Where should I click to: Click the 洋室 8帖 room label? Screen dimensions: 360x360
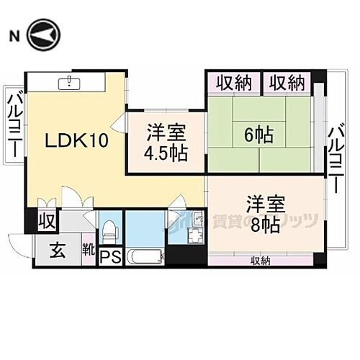[x=260, y=213]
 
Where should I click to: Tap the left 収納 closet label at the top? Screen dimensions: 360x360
[x=232, y=84]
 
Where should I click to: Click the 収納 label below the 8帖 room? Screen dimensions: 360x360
[x=260, y=260]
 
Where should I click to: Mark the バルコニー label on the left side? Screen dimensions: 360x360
[x=14, y=123]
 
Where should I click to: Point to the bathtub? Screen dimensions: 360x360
[x=145, y=257]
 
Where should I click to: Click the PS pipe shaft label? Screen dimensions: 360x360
[x=110, y=257]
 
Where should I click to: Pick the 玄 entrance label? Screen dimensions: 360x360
[x=58, y=252]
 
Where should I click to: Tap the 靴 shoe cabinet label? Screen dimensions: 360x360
[x=88, y=251]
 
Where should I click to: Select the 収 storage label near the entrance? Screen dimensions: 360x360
[x=48, y=220]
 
